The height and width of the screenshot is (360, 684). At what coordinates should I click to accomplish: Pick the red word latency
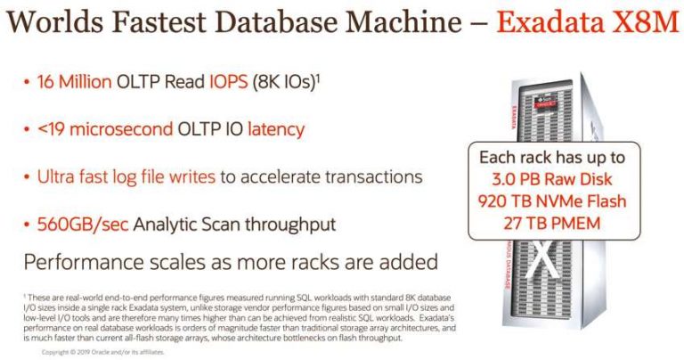coord(272,129)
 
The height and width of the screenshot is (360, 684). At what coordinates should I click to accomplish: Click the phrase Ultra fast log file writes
coord(126,176)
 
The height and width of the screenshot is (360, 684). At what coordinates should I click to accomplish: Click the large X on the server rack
coord(538,259)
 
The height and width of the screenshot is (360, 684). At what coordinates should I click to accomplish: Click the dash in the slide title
coord(470,23)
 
